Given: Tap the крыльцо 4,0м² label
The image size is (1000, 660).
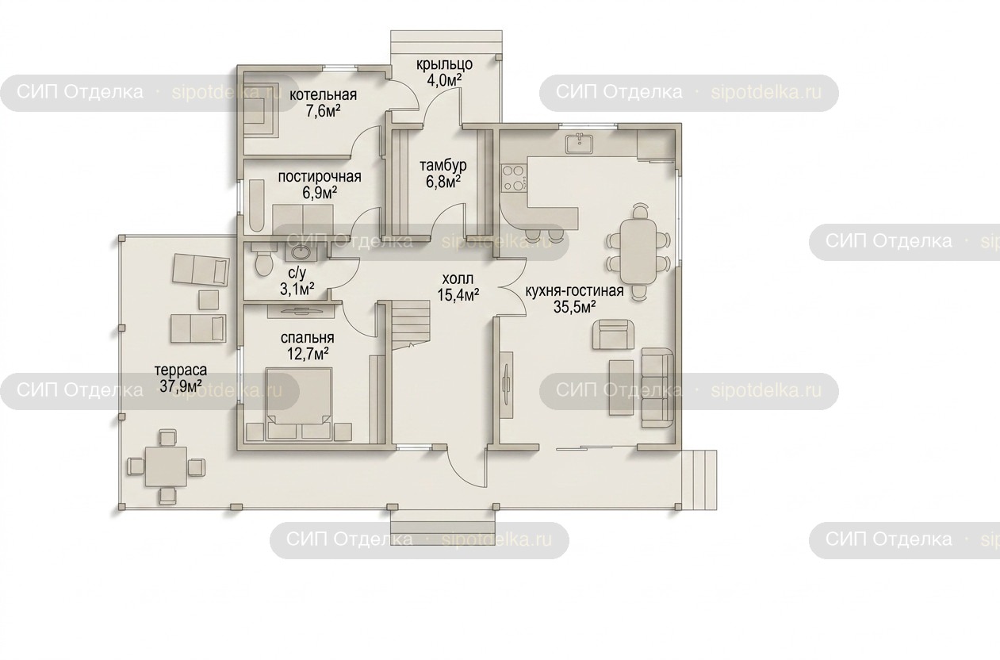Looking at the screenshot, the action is (x=444, y=72).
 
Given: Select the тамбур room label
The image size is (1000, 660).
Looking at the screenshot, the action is (x=443, y=173).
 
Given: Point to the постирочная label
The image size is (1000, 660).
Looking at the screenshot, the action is (x=320, y=184).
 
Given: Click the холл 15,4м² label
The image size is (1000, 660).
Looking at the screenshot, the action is (x=458, y=287).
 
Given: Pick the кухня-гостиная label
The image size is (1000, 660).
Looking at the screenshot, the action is (x=574, y=299).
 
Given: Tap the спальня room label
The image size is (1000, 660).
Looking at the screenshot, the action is (x=308, y=346).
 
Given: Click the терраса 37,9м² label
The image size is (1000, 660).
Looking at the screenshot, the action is (x=181, y=378).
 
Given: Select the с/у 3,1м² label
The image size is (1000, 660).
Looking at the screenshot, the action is (x=297, y=281).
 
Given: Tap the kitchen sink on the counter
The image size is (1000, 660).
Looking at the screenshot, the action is (x=580, y=144).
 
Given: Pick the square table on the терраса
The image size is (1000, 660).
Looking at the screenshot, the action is (x=166, y=466).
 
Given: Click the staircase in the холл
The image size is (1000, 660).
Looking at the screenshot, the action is (x=411, y=324).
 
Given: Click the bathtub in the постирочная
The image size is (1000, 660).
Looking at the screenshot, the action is (x=256, y=205).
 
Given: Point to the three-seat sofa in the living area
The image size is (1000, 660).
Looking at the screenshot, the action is (x=657, y=389).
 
